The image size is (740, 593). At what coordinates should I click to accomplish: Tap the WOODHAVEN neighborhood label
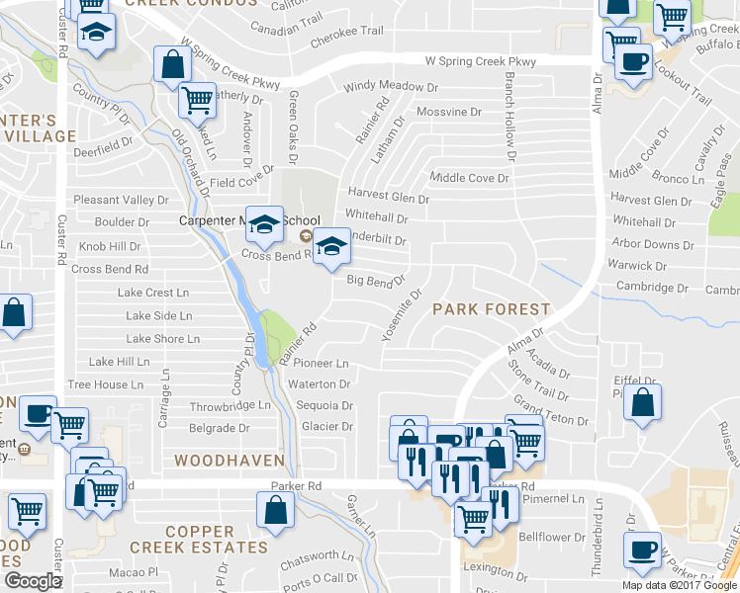[230, 461]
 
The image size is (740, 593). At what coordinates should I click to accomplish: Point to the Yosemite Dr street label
[402, 314]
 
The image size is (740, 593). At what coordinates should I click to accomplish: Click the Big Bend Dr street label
[376, 282]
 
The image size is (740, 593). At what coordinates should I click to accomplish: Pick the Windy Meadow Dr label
[391, 87]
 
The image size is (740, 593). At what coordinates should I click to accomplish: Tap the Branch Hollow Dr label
[510, 117]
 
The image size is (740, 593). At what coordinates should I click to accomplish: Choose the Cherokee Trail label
[346, 32]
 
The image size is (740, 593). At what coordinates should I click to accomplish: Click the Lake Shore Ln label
[163, 339]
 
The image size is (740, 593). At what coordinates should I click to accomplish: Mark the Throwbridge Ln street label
[230, 405]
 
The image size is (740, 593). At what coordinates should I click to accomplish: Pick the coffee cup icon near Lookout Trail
[633, 62]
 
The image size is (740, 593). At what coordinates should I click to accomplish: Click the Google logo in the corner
[33, 581]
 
